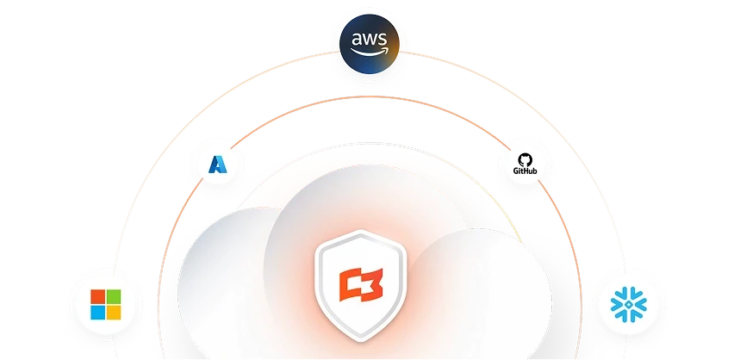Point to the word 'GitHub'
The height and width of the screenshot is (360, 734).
(x=525, y=171)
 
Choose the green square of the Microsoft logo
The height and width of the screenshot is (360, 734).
(x=115, y=296)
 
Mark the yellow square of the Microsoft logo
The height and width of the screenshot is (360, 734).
(x=115, y=313)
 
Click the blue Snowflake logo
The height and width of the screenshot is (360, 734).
(x=626, y=304)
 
